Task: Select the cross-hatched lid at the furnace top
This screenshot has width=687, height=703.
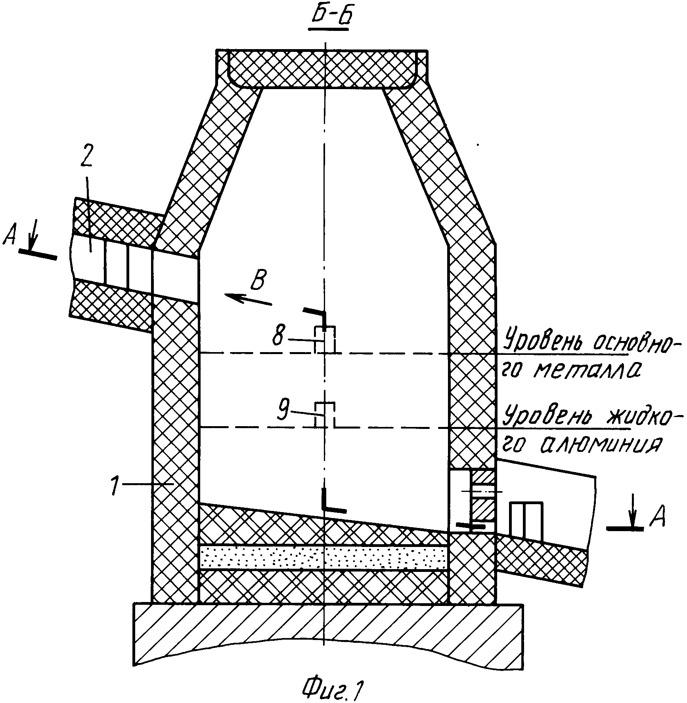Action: (x=321, y=68)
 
